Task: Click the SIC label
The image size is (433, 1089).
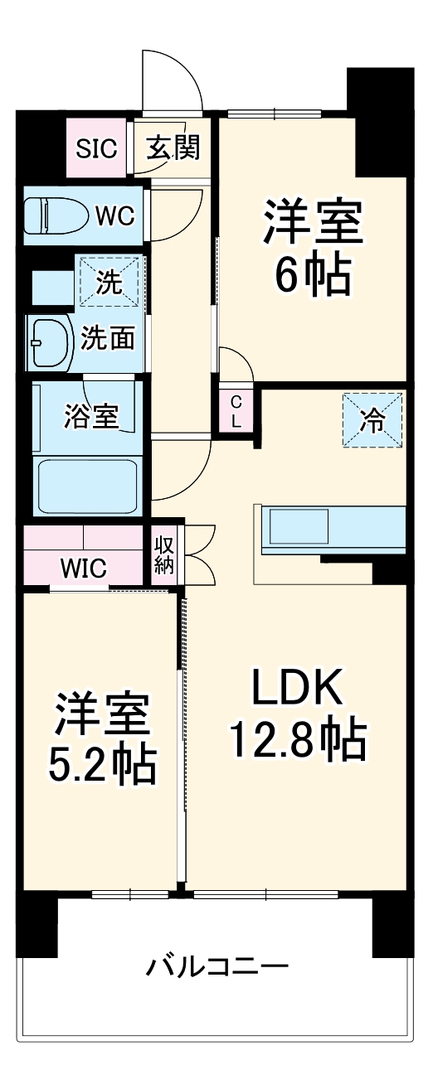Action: point(97,148)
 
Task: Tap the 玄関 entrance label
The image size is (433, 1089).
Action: point(173,148)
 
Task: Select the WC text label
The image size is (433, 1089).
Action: point(114,216)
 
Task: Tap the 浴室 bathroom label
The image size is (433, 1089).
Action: point(91,417)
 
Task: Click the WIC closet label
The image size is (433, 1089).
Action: point(83,569)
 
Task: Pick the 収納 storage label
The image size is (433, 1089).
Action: point(162,554)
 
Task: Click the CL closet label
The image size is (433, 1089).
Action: point(236,410)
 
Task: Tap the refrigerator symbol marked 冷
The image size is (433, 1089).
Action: point(372,421)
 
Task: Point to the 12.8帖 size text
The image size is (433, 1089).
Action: point(298,740)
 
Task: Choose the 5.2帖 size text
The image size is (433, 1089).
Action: point(101,766)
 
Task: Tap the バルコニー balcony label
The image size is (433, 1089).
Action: point(218,966)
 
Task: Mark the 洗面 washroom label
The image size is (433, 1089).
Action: point(108,339)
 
